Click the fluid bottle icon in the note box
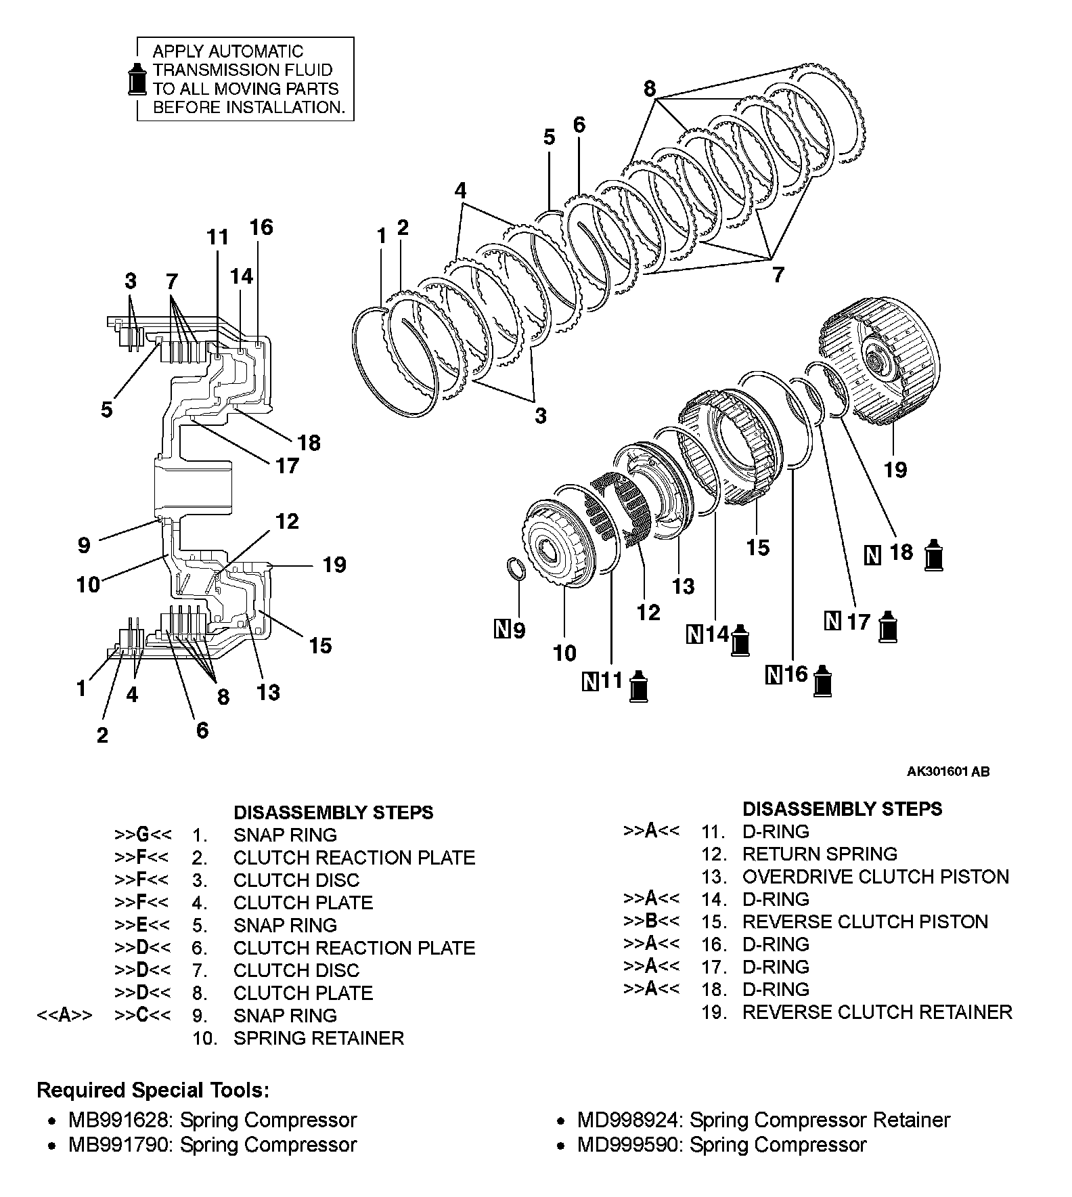(137, 79)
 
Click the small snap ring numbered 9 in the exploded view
(517, 569)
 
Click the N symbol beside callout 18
(873, 555)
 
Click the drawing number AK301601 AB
(948, 772)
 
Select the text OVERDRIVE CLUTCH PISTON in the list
(875, 877)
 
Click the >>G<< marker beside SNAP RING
(142, 835)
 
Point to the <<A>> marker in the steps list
(64, 1016)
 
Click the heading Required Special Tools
(153, 1090)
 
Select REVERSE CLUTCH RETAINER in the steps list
(877, 1012)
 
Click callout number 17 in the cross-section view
(287, 466)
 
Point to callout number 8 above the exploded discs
(649, 88)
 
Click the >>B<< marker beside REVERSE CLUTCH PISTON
(651, 921)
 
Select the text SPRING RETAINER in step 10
(318, 1038)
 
